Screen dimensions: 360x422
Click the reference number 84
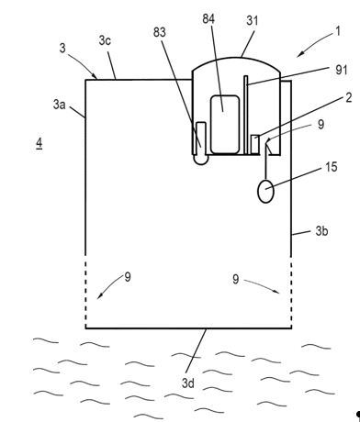tap(208, 19)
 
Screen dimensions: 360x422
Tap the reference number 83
tap(160, 32)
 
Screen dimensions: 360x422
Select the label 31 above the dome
tap(253, 21)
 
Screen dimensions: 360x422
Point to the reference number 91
tap(342, 70)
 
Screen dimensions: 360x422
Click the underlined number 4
tap(39, 143)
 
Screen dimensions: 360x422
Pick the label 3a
tap(59, 105)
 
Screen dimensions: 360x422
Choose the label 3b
tap(321, 231)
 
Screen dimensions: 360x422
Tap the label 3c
tap(105, 40)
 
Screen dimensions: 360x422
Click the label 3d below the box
tap(188, 383)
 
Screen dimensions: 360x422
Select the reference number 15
tap(331, 167)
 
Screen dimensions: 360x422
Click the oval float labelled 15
tap(265, 191)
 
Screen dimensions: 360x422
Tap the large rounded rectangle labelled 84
tap(225, 124)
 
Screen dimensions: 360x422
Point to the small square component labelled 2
tap(255, 144)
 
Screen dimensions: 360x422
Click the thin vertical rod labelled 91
tap(246, 115)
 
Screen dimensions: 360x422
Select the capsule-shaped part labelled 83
tap(201, 143)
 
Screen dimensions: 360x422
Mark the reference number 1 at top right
tap(338, 31)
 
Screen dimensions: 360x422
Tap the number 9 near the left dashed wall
tap(128, 277)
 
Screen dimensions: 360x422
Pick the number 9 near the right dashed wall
tap(235, 279)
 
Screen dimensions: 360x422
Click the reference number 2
tap(349, 98)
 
